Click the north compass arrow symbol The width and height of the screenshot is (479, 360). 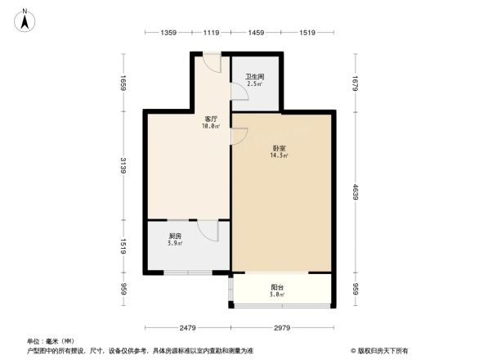click(x=26, y=19)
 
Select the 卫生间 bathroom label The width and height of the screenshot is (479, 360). click(x=255, y=78)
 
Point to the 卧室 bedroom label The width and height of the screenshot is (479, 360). click(x=279, y=148)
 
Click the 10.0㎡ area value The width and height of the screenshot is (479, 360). click(x=212, y=126)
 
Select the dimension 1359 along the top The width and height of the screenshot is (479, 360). click(x=168, y=33)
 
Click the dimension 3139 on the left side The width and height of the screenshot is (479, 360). click(x=122, y=167)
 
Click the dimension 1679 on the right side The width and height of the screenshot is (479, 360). click(x=356, y=83)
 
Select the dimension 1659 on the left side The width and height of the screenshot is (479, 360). click(x=122, y=83)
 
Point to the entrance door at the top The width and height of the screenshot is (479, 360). click(x=211, y=64)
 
